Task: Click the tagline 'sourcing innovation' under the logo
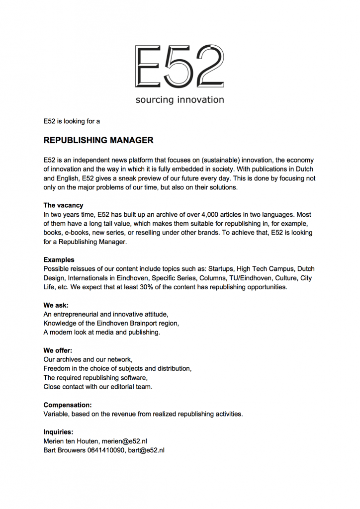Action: pyautogui.click(x=180, y=100)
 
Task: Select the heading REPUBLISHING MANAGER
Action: pyautogui.click(x=98, y=140)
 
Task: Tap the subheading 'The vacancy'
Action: pyautogui.click(x=63, y=205)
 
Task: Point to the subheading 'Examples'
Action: pyautogui.click(x=59, y=259)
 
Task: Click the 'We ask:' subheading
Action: pyautogui.click(x=56, y=305)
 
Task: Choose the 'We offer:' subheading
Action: pyautogui.click(x=58, y=350)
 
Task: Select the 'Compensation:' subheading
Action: pyautogui.click(x=67, y=405)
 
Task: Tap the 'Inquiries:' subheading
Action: pyautogui.click(x=58, y=432)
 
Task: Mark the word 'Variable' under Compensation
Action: pyautogui.click(x=57, y=414)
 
